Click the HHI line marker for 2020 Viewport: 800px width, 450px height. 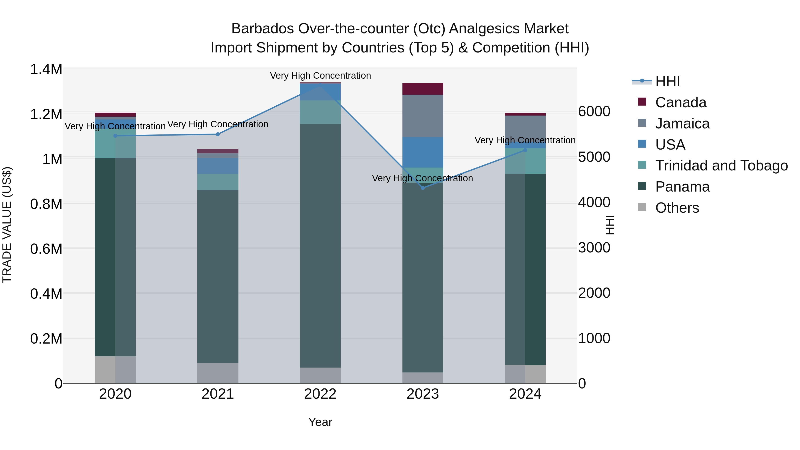tap(115, 136)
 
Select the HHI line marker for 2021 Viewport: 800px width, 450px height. tap(218, 134)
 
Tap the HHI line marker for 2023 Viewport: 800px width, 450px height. tap(423, 188)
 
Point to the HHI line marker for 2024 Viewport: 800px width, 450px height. tap(525, 150)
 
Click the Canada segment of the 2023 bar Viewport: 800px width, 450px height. tap(423, 89)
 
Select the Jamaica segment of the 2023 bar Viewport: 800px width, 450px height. tap(423, 116)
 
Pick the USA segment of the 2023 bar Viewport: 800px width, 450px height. tap(423, 152)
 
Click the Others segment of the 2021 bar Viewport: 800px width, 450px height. tap(218, 373)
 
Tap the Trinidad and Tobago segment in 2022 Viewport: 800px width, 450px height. tap(320, 112)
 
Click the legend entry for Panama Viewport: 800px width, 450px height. tap(682, 187)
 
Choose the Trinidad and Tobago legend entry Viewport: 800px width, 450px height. tap(721, 166)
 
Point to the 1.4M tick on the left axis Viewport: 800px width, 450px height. tap(46, 69)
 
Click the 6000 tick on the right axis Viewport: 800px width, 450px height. tap(594, 112)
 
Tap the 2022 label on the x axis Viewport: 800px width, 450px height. tap(320, 394)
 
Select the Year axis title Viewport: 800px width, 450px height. tap(320, 422)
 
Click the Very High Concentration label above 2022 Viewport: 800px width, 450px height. tap(320, 76)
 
